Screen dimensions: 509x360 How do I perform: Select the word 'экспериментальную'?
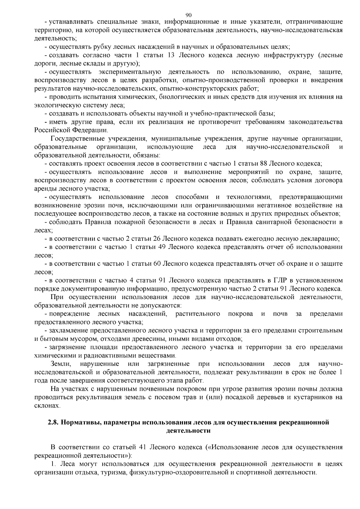click(130, 72)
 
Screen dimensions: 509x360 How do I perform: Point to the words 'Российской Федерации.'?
click(71, 130)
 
